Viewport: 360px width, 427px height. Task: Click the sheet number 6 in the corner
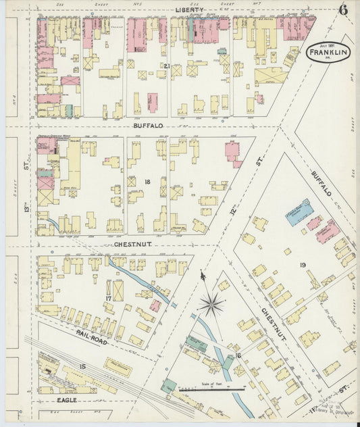tap(344, 9)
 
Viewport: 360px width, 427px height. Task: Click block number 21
tap(166, 66)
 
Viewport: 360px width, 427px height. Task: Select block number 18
tap(147, 182)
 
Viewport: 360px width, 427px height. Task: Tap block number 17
tap(107, 298)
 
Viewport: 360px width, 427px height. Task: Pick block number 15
tap(82, 366)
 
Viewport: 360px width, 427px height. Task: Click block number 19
tap(303, 265)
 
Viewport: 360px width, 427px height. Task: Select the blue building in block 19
tap(299, 211)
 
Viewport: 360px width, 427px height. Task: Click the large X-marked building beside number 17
tap(118, 291)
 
